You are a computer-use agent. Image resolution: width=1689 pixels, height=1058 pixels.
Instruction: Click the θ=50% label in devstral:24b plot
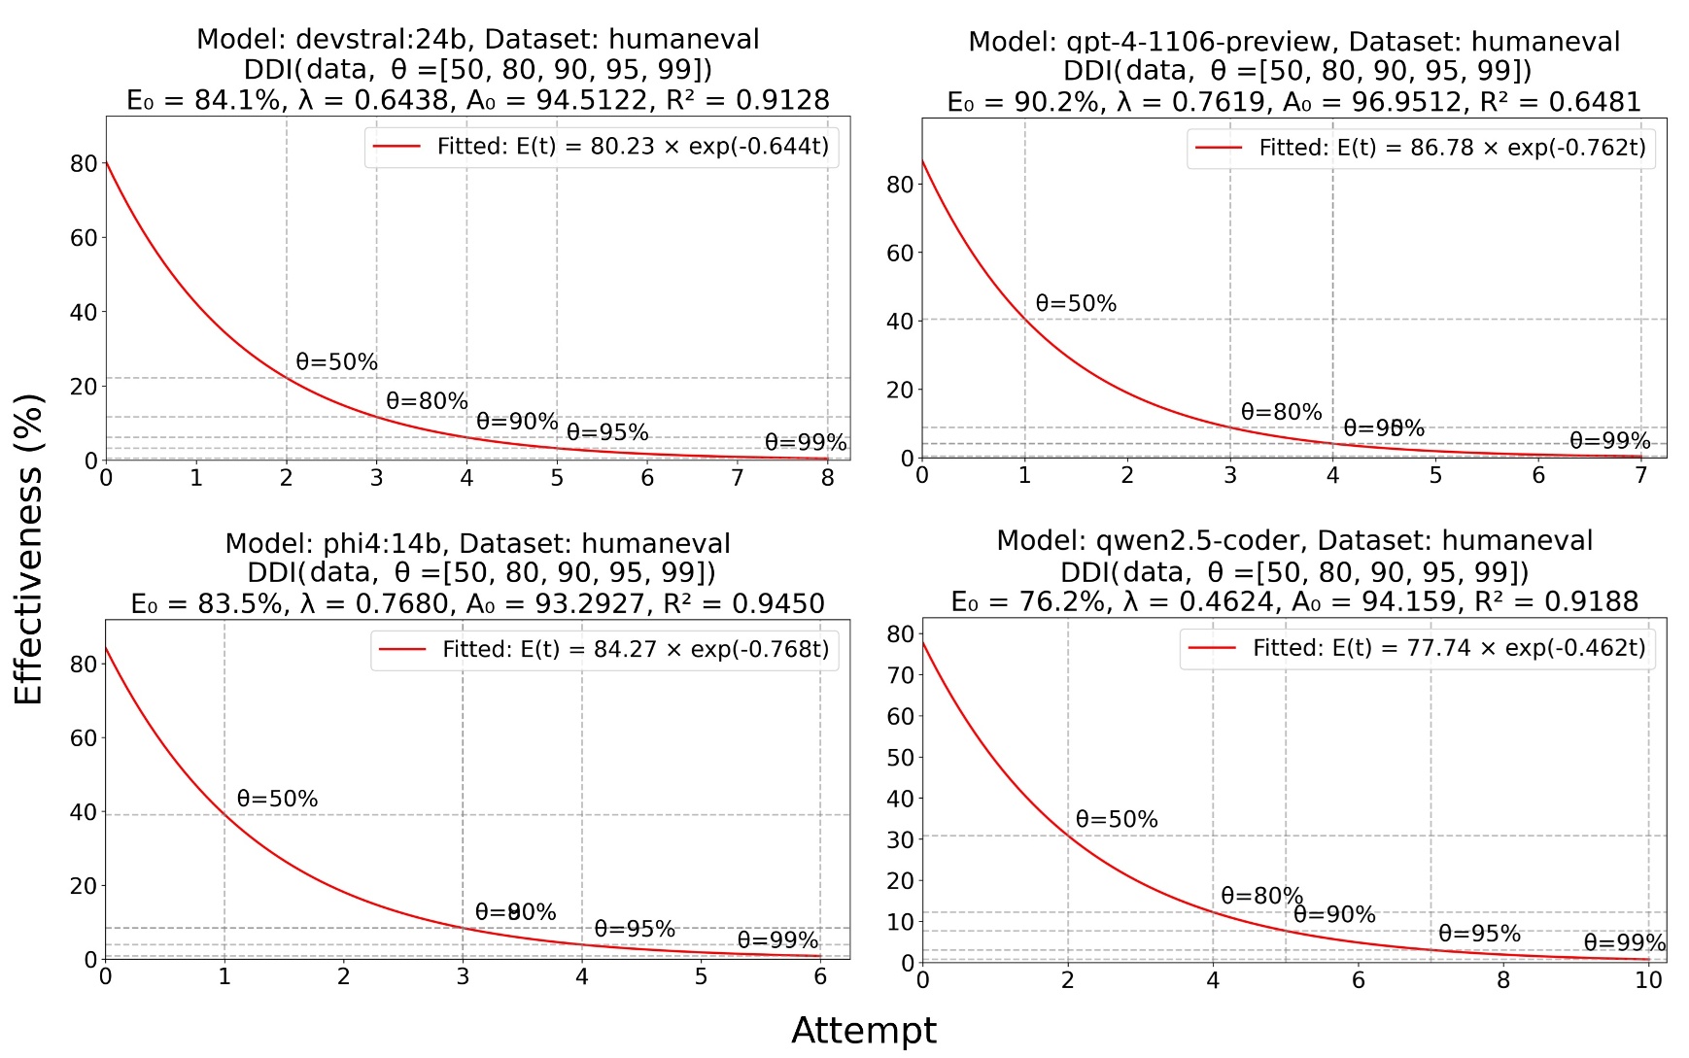coord(336,362)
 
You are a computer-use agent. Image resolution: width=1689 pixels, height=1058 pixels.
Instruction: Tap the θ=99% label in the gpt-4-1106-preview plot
coord(1609,441)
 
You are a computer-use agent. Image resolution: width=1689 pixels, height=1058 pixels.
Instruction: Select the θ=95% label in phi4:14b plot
coord(635,929)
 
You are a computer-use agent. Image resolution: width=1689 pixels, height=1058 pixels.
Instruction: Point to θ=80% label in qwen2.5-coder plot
coord(1261,896)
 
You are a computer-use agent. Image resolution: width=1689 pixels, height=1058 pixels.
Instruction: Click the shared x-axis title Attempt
coord(863,1030)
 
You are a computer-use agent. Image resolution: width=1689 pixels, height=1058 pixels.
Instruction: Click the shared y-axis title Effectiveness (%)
coord(29,549)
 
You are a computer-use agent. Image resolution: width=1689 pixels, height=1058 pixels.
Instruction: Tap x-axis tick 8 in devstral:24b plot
coord(827,478)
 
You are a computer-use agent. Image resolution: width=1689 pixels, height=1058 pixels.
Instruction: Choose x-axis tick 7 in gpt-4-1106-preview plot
coord(1640,476)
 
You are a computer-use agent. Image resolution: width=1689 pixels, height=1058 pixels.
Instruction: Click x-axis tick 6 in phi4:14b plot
coord(820,977)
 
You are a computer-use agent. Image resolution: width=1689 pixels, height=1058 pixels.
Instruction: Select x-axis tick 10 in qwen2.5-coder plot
coord(1648,980)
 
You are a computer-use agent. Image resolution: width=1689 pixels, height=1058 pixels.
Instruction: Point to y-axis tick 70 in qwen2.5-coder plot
coord(900,675)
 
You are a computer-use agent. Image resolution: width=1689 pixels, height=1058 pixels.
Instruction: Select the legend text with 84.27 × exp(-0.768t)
coord(636,649)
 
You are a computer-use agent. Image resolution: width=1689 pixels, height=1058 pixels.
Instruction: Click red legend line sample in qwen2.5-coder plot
coord(1212,648)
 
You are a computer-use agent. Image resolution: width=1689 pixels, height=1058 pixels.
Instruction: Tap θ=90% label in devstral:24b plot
coord(517,422)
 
